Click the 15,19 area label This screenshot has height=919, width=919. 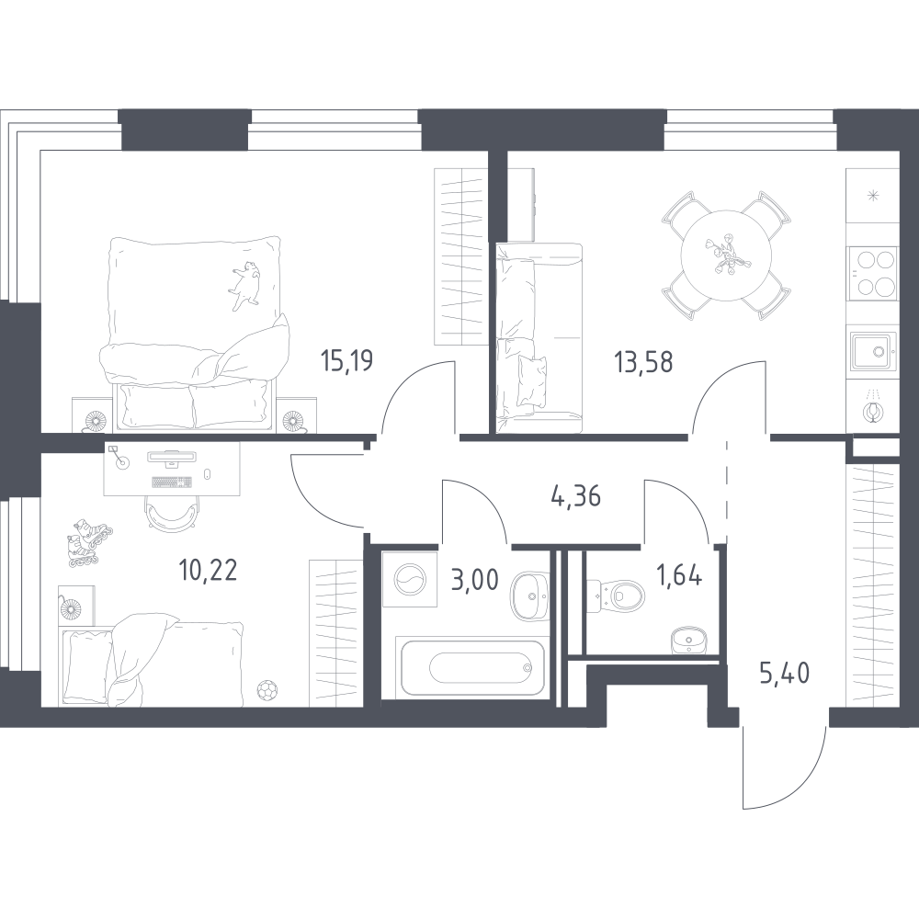tap(347, 360)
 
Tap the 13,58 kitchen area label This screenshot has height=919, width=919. tap(643, 361)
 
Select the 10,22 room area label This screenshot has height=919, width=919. tap(208, 570)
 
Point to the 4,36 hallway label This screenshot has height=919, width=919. tap(576, 497)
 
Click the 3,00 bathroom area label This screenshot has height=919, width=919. tap(475, 579)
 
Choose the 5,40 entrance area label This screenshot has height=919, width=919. tap(784, 674)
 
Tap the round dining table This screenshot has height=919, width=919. tap(726, 255)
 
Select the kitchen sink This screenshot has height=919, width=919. tap(873, 351)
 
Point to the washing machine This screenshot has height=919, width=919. tap(410, 579)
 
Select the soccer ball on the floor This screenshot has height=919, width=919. tap(267, 689)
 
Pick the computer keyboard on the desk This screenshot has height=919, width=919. tap(172, 482)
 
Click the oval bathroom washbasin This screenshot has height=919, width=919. tap(530, 596)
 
